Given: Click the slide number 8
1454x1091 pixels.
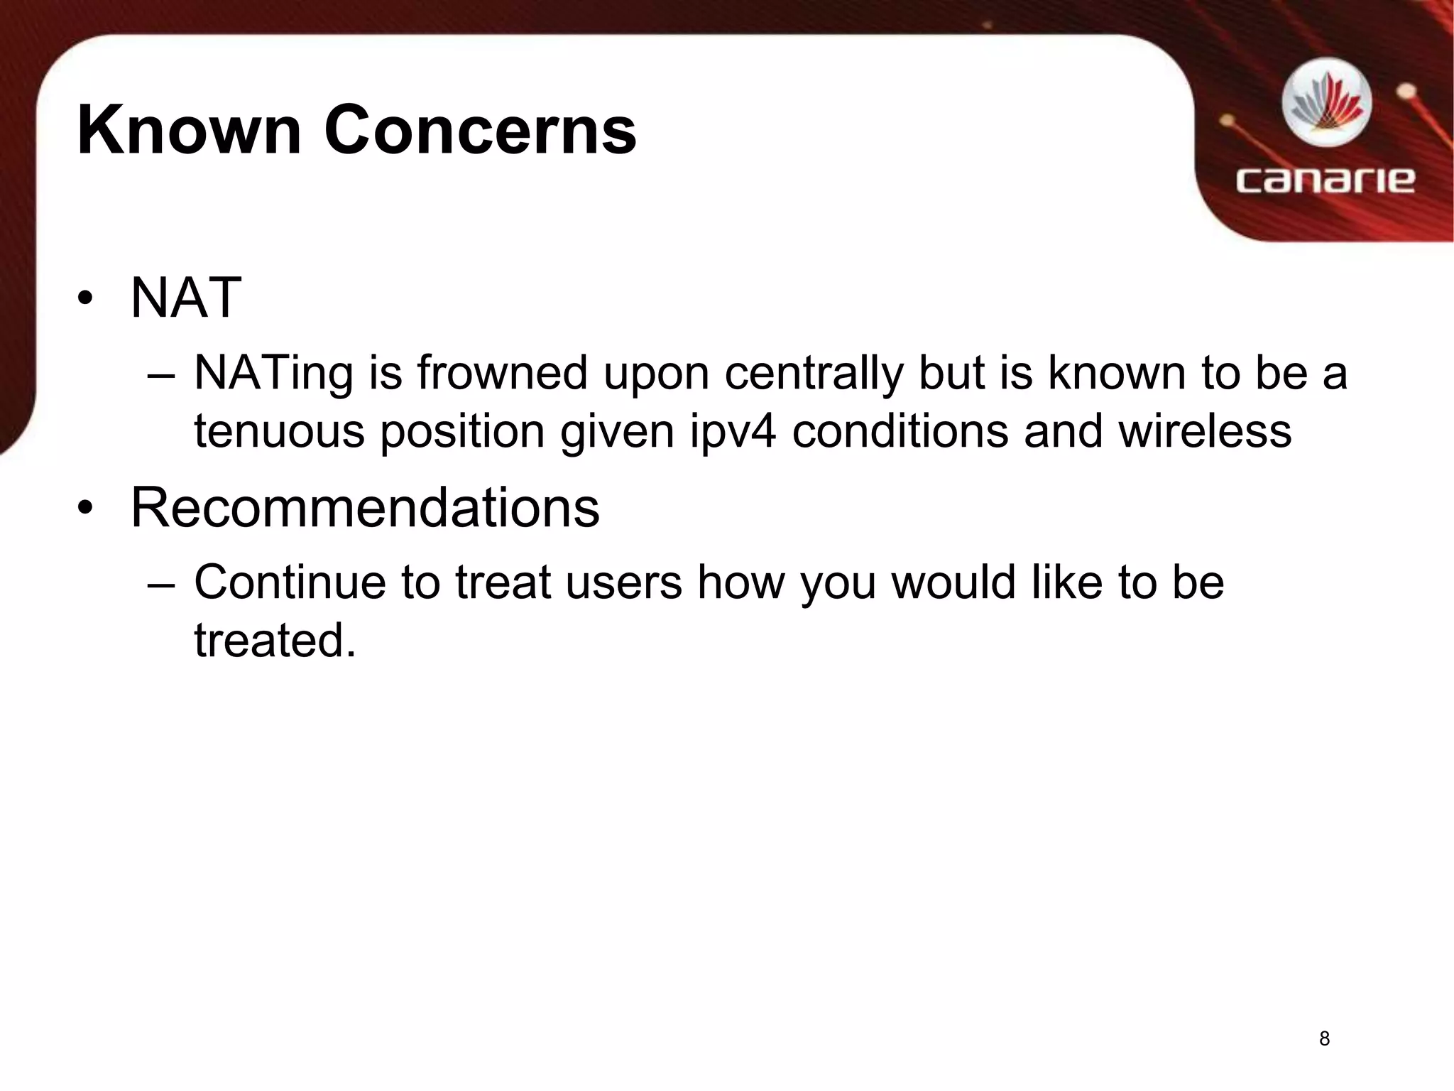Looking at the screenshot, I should click(1324, 1039).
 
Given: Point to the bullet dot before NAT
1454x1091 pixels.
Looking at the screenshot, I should click(86, 299).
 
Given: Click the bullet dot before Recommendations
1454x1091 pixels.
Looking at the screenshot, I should click(86, 509).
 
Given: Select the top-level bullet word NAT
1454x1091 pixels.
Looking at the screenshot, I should click(186, 298).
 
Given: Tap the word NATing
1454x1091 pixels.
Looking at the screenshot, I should click(273, 374).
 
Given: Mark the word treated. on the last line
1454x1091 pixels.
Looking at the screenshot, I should click(275, 640).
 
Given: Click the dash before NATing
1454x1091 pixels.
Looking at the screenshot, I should click(160, 375).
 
